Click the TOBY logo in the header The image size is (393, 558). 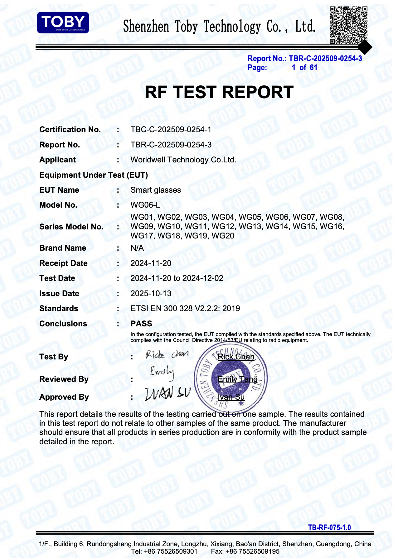click(x=63, y=22)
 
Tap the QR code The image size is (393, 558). click(x=348, y=25)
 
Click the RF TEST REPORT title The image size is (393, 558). click(x=219, y=92)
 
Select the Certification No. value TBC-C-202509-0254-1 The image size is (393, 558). click(x=171, y=129)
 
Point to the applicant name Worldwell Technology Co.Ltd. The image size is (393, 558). click(x=183, y=160)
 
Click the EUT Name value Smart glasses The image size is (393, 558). click(x=156, y=190)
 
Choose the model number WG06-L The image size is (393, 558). click(x=145, y=205)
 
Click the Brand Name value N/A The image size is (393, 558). click(x=137, y=248)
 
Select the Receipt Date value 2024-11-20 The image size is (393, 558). click(x=151, y=263)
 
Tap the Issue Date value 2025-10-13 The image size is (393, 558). click(x=151, y=294)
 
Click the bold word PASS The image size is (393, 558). click(x=141, y=324)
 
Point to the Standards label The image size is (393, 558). click(x=59, y=309)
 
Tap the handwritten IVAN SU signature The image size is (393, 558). click(x=167, y=394)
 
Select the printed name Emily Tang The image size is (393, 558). click(x=238, y=379)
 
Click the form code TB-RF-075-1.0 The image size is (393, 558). click(x=329, y=527)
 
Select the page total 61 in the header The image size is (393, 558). click(x=313, y=68)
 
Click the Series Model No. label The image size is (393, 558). click(x=71, y=227)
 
